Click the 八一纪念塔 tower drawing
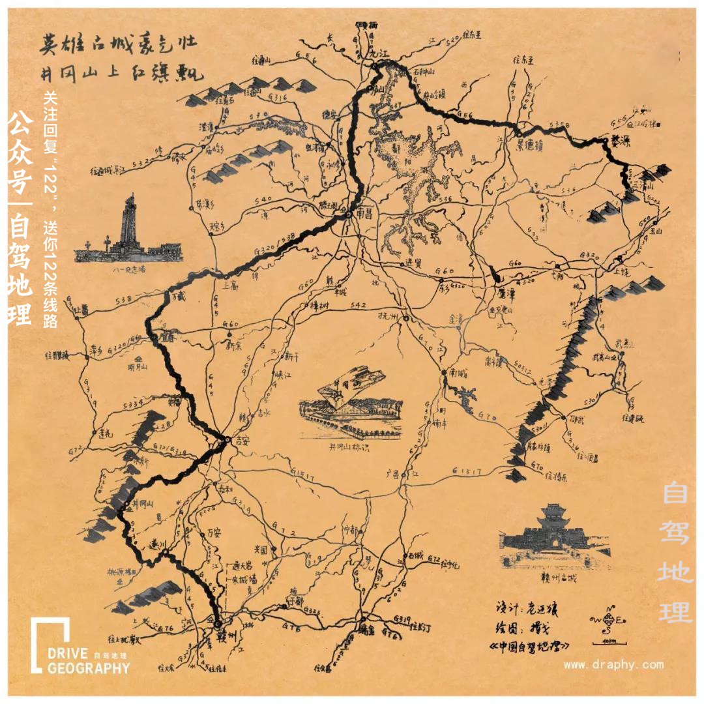point(129,228)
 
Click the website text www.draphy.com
point(613,665)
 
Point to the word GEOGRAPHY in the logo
point(89,668)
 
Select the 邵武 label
point(577,420)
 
